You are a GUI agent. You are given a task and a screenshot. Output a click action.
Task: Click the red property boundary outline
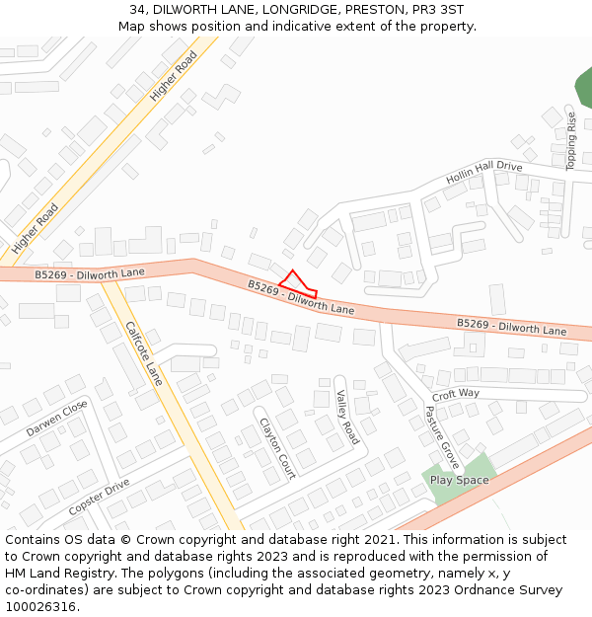(297, 284)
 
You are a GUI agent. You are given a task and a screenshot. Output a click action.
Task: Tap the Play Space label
(459, 481)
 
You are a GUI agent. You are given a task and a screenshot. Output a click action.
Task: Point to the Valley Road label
(347, 417)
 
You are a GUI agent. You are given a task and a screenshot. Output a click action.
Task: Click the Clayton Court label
(277, 447)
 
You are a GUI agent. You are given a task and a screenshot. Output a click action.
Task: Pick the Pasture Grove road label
(442, 436)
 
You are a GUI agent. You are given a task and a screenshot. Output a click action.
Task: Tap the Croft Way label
(455, 394)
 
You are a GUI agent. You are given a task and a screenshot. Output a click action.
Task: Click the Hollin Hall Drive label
(483, 172)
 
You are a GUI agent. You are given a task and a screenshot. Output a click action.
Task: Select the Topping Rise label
(570, 141)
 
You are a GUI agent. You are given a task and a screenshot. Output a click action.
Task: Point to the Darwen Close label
(56, 419)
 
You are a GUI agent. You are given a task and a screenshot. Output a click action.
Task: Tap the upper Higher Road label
(174, 77)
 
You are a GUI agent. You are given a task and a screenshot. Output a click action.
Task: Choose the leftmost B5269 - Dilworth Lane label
(89, 272)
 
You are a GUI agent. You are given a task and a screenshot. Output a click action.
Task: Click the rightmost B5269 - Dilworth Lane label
(511, 327)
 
